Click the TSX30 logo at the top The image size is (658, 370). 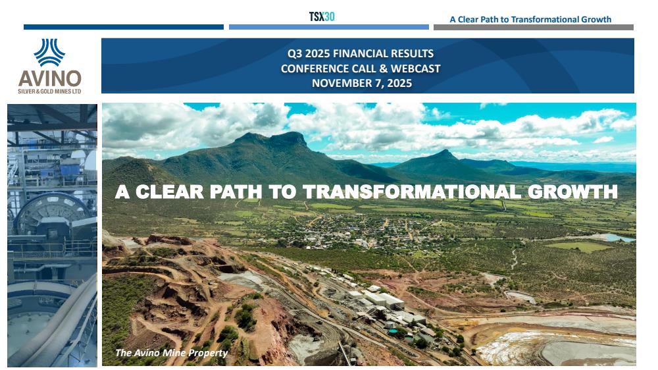322,17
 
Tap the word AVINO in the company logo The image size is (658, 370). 49,78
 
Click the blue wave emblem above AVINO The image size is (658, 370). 49,53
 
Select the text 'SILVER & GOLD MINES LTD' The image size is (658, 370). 49,91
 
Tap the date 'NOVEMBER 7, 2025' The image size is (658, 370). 362,83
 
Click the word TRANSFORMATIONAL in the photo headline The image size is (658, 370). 412,192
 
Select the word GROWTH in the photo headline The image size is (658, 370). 572,192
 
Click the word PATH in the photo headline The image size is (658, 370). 236,192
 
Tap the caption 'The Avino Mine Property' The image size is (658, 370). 171,353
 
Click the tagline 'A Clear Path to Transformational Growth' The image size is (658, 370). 530,19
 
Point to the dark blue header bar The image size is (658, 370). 124,27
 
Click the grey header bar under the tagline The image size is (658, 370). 534,27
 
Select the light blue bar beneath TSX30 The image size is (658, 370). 328,27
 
